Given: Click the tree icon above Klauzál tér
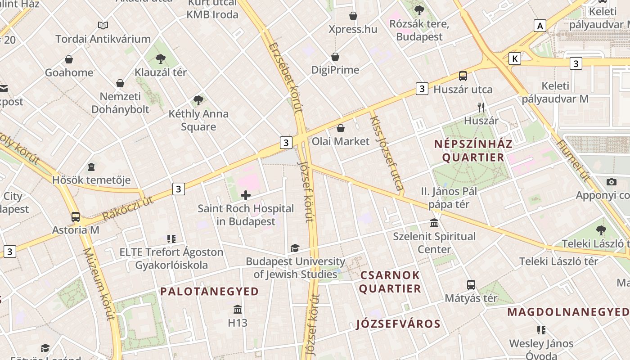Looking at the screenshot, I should [160, 58].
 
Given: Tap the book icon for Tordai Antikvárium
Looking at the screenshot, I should [103, 25].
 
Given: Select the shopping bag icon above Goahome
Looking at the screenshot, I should [69, 59].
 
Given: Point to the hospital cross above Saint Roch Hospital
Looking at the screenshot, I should [246, 195].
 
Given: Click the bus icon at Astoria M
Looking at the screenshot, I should [76, 217].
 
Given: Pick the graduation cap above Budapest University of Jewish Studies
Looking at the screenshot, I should [295, 248].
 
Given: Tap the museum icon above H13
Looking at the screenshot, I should [238, 310].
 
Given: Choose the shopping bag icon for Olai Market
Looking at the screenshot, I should [341, 128].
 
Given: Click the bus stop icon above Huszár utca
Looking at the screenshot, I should [463, 76].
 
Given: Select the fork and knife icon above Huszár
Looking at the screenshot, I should [481, 108].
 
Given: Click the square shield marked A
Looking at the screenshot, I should [540, 26].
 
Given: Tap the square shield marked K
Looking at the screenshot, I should [515, 58].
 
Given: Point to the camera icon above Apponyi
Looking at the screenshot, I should [611, 182].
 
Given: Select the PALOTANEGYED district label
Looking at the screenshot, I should [210, 292].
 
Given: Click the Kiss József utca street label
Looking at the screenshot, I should [386, 152].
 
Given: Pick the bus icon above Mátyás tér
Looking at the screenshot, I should [471, 285].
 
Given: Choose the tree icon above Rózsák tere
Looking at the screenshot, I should [419, 10].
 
